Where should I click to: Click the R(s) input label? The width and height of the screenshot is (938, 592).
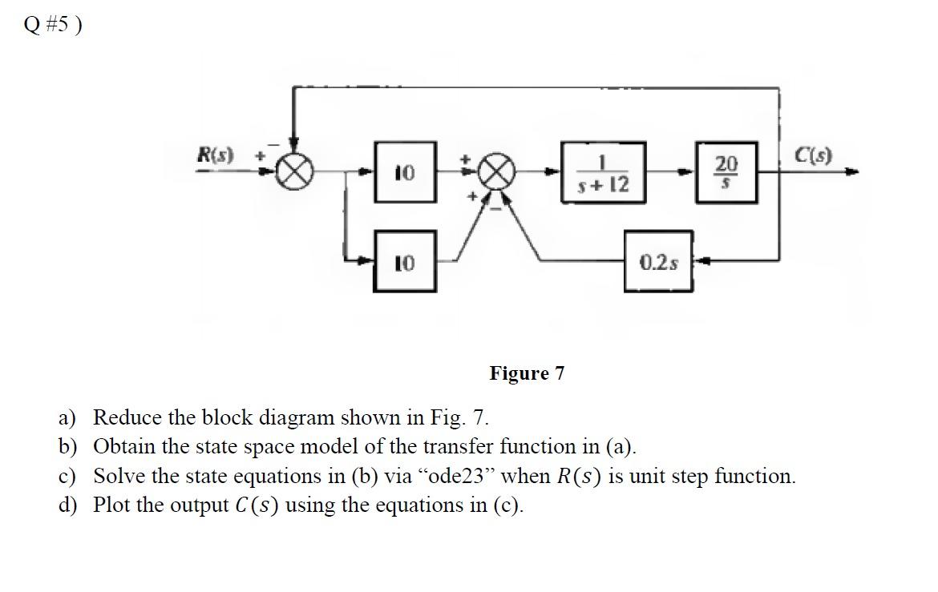pos(215,155)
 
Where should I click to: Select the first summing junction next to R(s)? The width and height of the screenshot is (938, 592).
pos(294,171)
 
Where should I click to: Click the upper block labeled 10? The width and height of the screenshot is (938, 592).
pos(405,172)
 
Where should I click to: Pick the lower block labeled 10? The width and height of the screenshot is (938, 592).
pos(405,262)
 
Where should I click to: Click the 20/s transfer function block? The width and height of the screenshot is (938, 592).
pos(726,171)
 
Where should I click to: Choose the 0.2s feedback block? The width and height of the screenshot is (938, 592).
pos(658,261)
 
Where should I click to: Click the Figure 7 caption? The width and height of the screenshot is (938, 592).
pos(527,373)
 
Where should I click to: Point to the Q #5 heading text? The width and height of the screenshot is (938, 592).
pos(53,26)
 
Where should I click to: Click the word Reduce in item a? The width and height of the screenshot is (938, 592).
pos(123,417)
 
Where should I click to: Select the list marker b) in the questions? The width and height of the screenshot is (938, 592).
pos(67,446)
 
